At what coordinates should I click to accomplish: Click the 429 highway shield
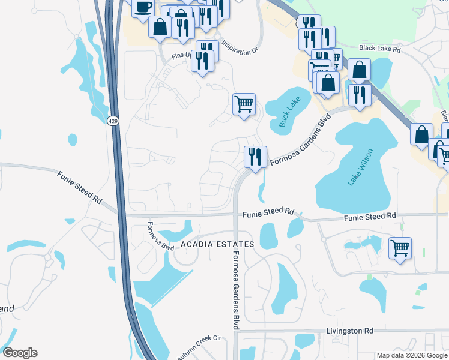click(113, 121)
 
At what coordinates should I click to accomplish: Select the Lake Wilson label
click(351, 167)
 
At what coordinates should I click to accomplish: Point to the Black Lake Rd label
click(379, 48)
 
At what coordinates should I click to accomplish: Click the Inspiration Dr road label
click(240, 48)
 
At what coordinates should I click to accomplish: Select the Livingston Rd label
click(349, 331)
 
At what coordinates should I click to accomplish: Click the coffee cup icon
click(143, 7)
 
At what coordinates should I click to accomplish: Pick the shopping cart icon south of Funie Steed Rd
click(400, 247)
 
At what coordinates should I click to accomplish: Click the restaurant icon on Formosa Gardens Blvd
click(255, 157)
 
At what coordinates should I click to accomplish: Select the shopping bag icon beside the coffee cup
click(160, 27)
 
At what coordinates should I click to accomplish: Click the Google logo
click(20, 353)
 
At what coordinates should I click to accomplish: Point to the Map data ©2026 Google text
click(411, 355)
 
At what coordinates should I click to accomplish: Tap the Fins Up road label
click(182, 55)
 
